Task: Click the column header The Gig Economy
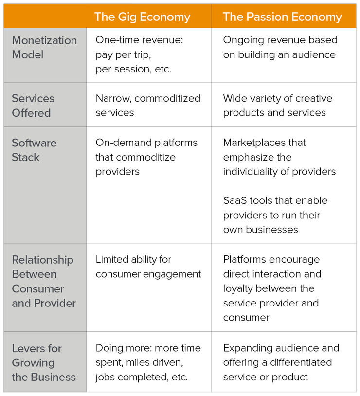142,17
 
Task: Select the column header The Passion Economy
282,17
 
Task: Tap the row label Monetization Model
44,48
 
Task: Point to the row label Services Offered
33,106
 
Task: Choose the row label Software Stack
34,150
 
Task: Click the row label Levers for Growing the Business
44,362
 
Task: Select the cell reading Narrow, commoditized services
148,106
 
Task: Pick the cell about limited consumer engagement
148,267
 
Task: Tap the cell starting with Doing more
148,362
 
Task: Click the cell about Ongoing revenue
280,47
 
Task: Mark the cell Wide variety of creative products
278,106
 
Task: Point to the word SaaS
235,200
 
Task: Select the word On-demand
123,143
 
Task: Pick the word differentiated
301,362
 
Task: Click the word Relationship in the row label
43,260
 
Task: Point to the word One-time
115,40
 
